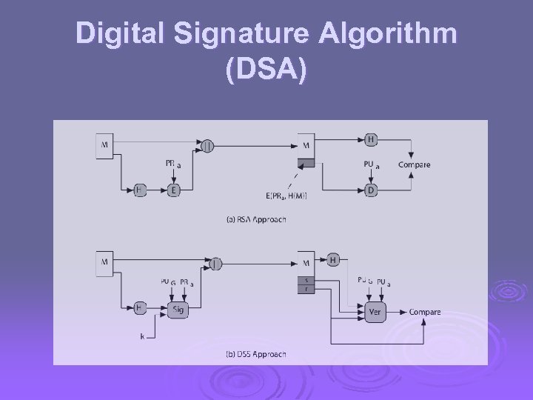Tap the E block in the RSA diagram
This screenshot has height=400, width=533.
coord(174,190)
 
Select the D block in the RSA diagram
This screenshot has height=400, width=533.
coord(372,190)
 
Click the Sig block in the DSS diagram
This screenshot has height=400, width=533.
coord(176,309)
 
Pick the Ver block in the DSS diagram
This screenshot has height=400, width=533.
coord(375,312)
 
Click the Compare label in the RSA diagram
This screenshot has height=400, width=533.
coord(414,164)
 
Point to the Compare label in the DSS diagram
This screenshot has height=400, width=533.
coord(424,312)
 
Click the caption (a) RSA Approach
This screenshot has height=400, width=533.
coord(256,219)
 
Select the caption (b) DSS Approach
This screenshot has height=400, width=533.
coord(256,354)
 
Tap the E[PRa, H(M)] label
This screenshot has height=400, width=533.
coord(286,196)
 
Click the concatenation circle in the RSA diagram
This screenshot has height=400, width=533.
coord(208,147)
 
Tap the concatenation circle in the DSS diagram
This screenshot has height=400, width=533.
coord(215,263)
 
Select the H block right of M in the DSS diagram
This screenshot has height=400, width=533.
coord(332,259)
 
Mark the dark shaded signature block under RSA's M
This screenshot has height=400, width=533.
coord(306,163)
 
